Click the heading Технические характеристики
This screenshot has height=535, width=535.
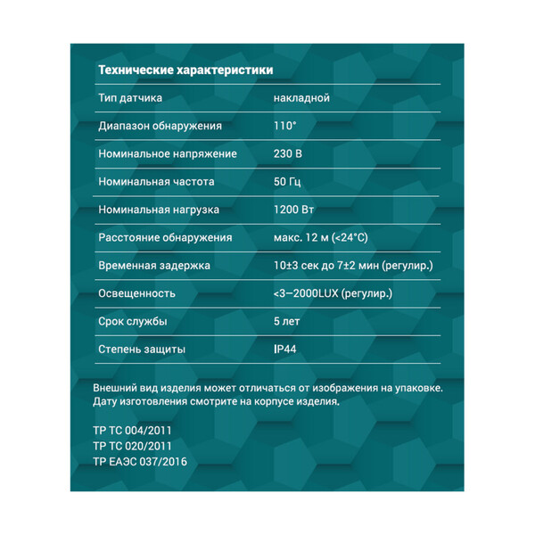pos(185,70)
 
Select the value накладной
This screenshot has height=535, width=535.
pos(301,98)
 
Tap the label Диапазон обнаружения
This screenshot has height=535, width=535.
pos(160,126)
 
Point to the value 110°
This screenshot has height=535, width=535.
pos(284,126)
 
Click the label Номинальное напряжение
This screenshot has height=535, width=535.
pos(168,153)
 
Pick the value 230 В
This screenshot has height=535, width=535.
pos(287,153)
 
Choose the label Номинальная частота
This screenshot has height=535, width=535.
pos(156,181)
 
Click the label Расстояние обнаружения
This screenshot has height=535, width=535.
pos(165,237)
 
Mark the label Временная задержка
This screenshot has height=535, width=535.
pos(154,266)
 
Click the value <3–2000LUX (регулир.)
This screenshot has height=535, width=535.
pos(333,293)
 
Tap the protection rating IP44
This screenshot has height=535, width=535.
pos(285,349)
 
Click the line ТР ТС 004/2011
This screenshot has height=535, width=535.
pos(132,430)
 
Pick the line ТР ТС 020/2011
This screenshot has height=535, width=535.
pos(132,446)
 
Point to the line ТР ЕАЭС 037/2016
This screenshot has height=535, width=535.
pos(141,462)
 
